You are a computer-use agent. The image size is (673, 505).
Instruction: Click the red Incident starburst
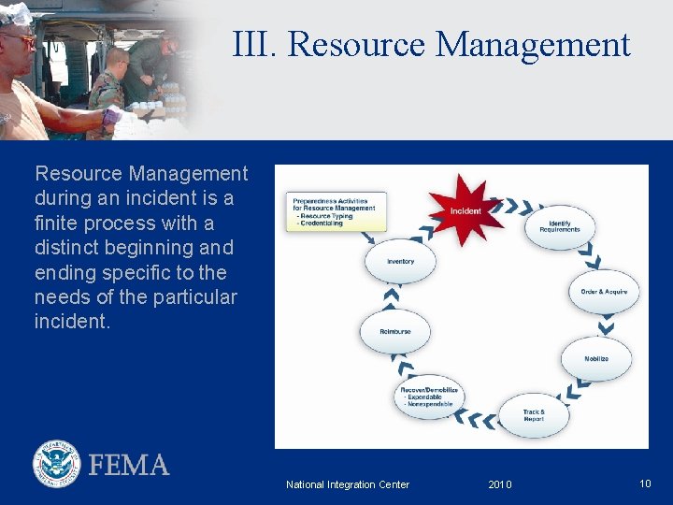coord(465,210)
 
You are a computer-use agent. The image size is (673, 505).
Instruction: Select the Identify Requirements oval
coord(559,226)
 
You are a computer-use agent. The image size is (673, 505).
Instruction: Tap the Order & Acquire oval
coord(604,292)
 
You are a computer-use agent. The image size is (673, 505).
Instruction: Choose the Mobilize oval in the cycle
coord(596,358)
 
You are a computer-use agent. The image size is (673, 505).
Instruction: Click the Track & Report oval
coord(534,415)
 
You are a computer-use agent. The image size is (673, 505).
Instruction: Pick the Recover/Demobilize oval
coord(429,397)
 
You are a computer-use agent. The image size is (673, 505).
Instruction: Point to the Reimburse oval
coord(395,332)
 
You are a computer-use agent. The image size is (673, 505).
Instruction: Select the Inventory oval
coord(400,262)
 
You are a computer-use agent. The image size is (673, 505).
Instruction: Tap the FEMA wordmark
coord(129,465)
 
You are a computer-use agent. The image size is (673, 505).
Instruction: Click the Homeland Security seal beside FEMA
coord(57,464)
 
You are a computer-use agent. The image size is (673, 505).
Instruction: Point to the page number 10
coord(645,483)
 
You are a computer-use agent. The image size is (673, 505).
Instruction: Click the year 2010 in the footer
coord(500,484)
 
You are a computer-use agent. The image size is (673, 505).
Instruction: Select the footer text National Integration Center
coord(348,484)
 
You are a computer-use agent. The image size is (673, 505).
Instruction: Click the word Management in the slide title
coord(533,44)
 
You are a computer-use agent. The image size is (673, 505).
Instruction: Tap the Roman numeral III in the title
coord(254,44)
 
